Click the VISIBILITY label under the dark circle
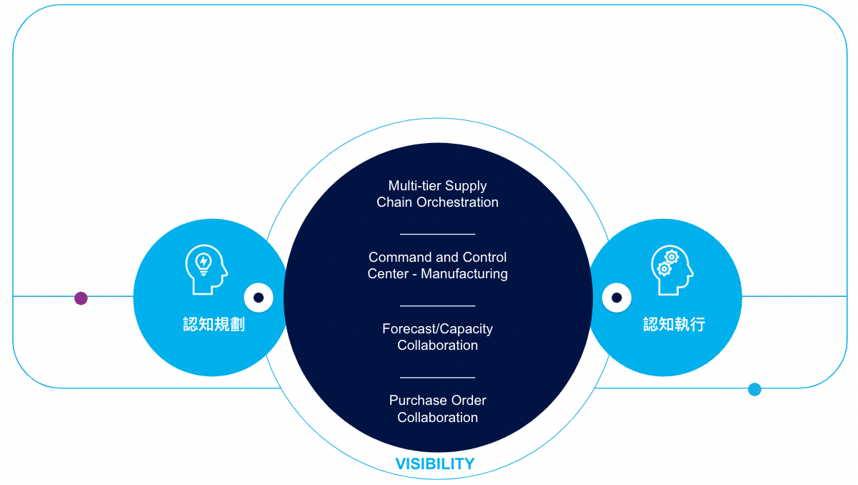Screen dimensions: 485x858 tap(435, 464)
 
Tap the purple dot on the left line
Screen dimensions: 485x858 tap(81, 298)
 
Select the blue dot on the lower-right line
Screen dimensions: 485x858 tap(754, 389)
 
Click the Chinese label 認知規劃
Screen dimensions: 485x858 tap(214, 324)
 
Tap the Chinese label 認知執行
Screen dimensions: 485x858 tap(674, 324)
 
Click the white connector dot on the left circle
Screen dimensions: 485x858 tap(259, 298)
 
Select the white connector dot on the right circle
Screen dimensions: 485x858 tap(617, 298)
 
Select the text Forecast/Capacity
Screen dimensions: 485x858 tap(437, 329)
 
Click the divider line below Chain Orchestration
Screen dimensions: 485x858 tap(437, 234)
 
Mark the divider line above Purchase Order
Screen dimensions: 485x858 tap(437, 377)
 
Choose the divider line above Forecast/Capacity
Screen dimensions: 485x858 tap(437, 305)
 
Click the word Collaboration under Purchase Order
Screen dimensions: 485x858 tap(437, 418)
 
